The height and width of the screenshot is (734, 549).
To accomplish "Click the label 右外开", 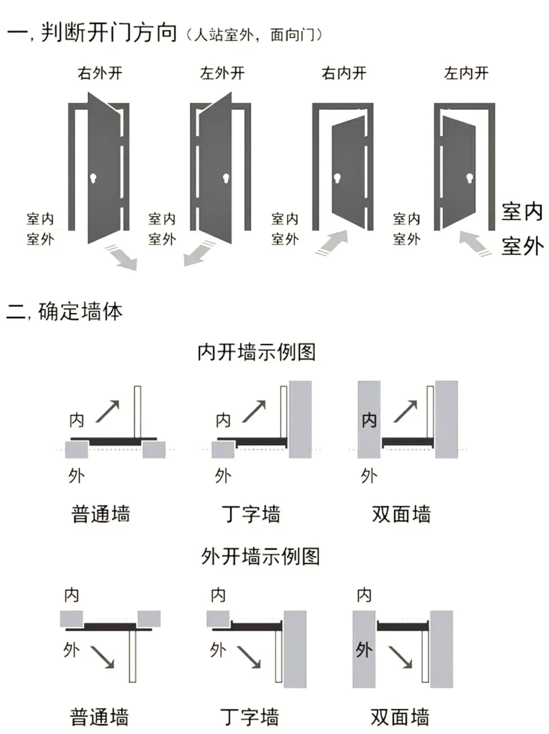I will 100,74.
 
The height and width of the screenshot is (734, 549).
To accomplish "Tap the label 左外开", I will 222,74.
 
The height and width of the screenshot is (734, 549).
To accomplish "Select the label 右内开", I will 344,74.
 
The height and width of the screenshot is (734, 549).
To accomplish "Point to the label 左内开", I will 466,74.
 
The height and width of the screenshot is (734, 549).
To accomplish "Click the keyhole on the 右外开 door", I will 94,178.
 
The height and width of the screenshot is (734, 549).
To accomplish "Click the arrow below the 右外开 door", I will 122,256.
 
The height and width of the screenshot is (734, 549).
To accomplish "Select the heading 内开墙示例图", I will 256,352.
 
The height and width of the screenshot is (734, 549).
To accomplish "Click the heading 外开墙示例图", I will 260,556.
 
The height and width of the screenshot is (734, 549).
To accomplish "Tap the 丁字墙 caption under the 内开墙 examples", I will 251,514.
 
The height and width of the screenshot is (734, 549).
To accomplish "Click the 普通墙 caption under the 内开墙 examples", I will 101,514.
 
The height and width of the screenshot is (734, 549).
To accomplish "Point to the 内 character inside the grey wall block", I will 369,420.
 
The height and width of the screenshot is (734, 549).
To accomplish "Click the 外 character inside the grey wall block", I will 364,650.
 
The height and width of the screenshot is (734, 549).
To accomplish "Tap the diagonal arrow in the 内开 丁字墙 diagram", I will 254,411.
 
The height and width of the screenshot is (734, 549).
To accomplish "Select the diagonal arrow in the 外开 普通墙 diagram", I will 102,657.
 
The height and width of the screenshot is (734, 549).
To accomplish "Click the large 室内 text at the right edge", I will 522,211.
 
